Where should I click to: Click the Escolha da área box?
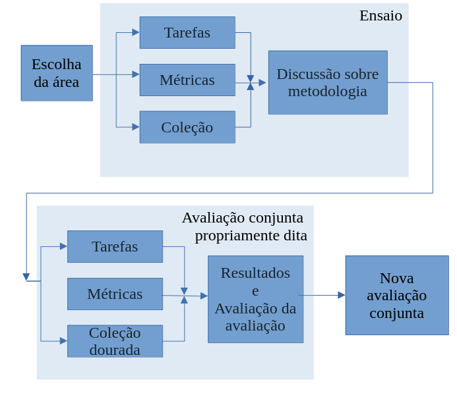point(57,73)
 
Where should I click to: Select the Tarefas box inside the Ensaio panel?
point(187,32)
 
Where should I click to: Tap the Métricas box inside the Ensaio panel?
point(187,80)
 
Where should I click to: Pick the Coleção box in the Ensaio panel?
point(187,127)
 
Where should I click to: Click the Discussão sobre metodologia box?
point(328,82)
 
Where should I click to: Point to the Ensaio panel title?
point(381,16)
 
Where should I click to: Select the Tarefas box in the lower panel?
point(115,246)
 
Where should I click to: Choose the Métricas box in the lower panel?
point(115,294)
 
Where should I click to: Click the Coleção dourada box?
point(115,341)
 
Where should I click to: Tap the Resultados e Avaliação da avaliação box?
point(255,299)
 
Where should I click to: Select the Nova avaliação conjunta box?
point(397,295)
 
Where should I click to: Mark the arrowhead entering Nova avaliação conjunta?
point(342,295)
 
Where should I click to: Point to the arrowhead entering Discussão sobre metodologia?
point(262,82)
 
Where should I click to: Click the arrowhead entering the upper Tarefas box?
point(136,32)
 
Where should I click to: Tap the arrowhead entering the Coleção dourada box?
point(63,341)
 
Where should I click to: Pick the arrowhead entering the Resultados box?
point(204,296)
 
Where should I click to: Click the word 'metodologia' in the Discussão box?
point(328,91)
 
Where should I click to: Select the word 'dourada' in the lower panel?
point(115,350)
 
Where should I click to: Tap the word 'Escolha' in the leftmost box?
point(57,65)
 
